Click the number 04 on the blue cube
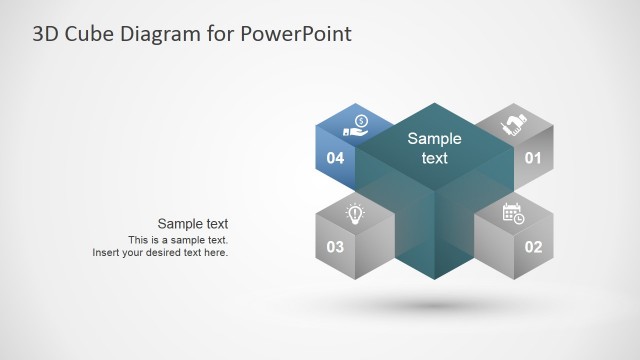click(335, 158)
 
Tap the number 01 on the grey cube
click(533, 158)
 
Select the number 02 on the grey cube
click(533, 247)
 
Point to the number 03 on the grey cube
click(335, 247)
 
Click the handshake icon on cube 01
click(514, 125)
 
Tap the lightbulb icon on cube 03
click(354, 213)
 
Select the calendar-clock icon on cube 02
click(513, 213)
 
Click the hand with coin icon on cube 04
click(355, 125)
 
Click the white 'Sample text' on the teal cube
click(434, 149)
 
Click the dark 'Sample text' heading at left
click(193, 224)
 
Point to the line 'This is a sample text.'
click(178, 240)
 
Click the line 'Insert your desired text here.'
click(160, 253)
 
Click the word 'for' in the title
click(220, 35)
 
